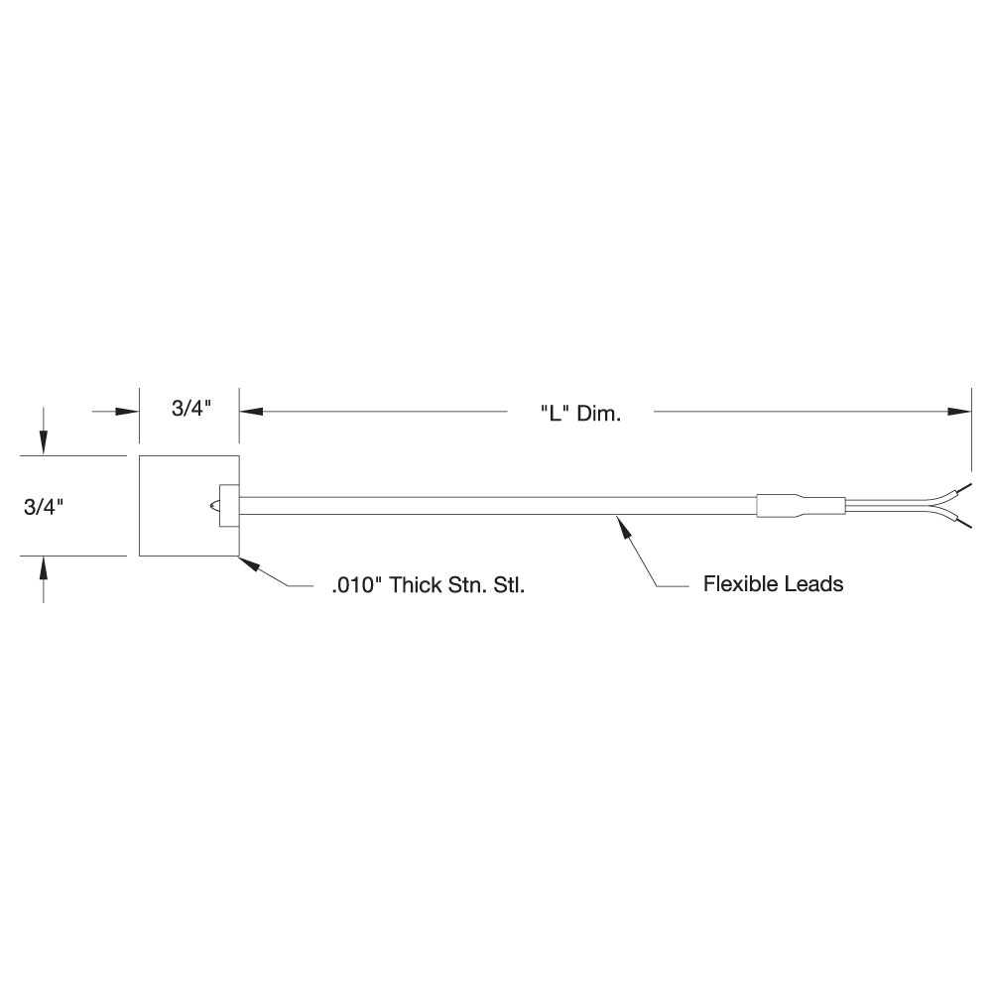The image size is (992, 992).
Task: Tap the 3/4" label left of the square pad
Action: pyautogui.click(x=44, y=506)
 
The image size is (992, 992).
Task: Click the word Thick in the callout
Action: pyautogui.click(x=417, y=585)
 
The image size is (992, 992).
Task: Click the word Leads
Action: pyautogui.click(x=814, y=584)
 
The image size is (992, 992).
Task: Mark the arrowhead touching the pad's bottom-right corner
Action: pyautogui.click(x=249, y=562)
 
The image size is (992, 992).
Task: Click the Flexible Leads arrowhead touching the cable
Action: pyautogui.click(x=624, y=523)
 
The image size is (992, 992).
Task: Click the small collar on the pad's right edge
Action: pyautogui.click(x=226, y=506)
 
